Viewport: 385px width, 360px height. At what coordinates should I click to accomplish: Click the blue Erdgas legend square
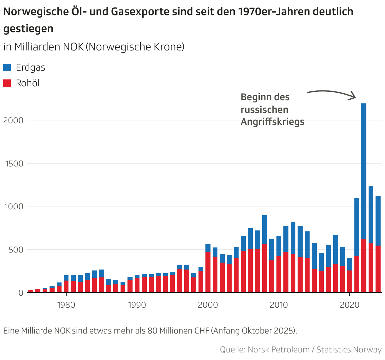coord(7,67)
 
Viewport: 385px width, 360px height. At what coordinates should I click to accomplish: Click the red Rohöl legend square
coord(7,83)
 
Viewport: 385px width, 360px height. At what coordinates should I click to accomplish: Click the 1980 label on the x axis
coord(66,305)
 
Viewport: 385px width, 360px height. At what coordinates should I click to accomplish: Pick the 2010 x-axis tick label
coord(279,305)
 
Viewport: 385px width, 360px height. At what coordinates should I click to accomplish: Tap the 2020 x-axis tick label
coord(350,305)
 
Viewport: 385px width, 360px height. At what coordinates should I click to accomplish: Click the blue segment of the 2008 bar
coord(264,229)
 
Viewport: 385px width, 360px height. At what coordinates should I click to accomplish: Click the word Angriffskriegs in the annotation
coord(272,122)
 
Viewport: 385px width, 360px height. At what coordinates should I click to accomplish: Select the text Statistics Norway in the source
coord(349,350)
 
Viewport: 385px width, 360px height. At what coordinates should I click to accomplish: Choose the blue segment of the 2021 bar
coord(357,227)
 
